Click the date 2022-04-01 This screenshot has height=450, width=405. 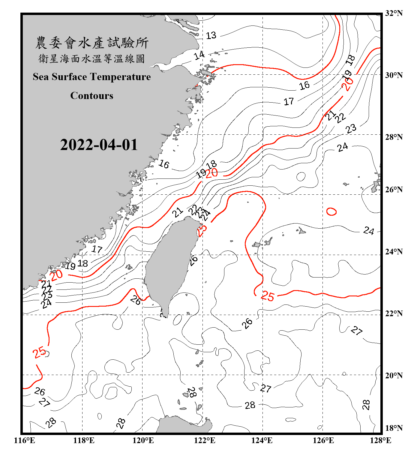pos(99,145)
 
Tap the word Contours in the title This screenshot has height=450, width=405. pos(92,96)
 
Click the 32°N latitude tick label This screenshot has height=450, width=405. pos(394,13)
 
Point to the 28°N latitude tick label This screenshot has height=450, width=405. pos(394,137)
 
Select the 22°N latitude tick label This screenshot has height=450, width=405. pos(394,313)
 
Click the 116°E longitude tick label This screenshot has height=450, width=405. pos(25,440)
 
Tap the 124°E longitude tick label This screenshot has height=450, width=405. pos(262,440)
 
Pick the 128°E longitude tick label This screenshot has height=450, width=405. pos(380,440)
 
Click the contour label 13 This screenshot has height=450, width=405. pos(211,35)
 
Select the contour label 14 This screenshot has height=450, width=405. pos(199,55)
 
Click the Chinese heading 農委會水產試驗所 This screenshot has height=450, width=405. pos(92,43)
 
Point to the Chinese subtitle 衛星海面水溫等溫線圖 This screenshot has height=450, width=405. pos(92,58)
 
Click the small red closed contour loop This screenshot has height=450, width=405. pos(331,211)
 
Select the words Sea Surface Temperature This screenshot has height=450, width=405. pos(92,77)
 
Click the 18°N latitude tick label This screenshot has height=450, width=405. pos(394,428)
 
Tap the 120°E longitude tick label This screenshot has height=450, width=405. pos(143,440)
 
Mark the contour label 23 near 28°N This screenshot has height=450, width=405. pos(351,129)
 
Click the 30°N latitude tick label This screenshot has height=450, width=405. pos(394,75)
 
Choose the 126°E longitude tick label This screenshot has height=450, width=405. pos(323,440)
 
